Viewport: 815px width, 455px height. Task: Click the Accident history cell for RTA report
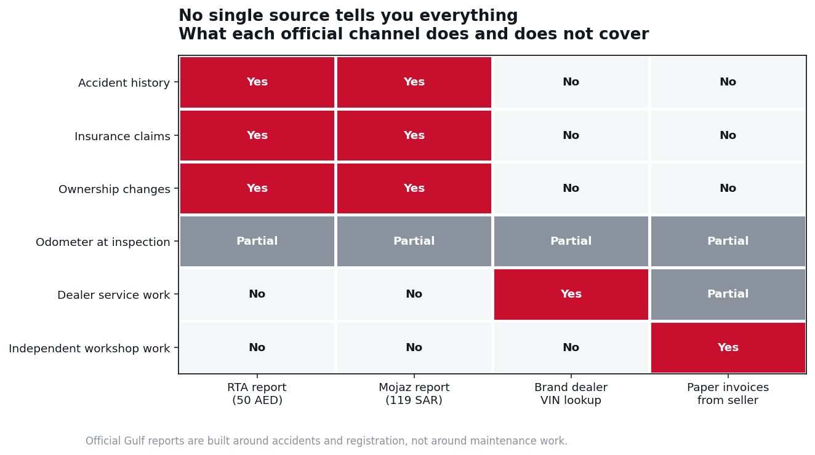pyautogui.click(x=257, y=82)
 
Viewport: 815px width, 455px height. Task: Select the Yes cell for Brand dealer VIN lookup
pyautogui.click(x=571, y=295)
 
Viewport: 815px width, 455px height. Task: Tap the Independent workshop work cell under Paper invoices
pyautogui.click(x=728, y=347)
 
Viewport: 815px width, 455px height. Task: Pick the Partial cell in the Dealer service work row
pyautogui.click(x=728, y=295)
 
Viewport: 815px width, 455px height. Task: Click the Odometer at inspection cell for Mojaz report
pyautogui.click(x=414, y=241)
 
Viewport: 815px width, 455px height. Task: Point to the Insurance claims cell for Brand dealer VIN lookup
pyautogui.click(x=571, y=135)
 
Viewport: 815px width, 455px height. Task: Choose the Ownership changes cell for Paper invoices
pyautogui.click(x=728, y=188)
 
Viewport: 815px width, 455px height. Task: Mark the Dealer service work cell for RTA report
pyautogui.click(x=257, y=295)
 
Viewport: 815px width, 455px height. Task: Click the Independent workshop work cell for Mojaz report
pyautogui.click(x=414, y=347)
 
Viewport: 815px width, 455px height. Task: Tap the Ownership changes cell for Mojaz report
pyautogui.click(x=414, y=188)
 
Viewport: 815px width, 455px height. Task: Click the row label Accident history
pyautogui.click(x=124, y=83)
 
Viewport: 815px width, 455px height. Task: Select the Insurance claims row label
pyautogui.click(x=122, y=136)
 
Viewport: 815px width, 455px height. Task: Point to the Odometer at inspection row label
pyautogui.click(x=103, y=242)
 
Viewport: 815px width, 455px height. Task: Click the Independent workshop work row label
pyautogui.click(x=89, y=349)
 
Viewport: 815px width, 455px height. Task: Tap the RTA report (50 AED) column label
pyautogui.click(x=257, y=394)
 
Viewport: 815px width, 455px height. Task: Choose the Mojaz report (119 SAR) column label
pyautogui.click(x=414, y=394)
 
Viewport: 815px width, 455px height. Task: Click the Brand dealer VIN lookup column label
pyautogui.click(x=571, y=394)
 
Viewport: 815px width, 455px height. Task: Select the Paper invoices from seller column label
pyautogui.click(x=728, y=394)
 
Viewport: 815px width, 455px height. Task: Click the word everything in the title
pyautogui.click(x=468, y=16)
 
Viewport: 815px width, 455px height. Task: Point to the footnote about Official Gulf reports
pyautogui.click(x=326, y=441)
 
